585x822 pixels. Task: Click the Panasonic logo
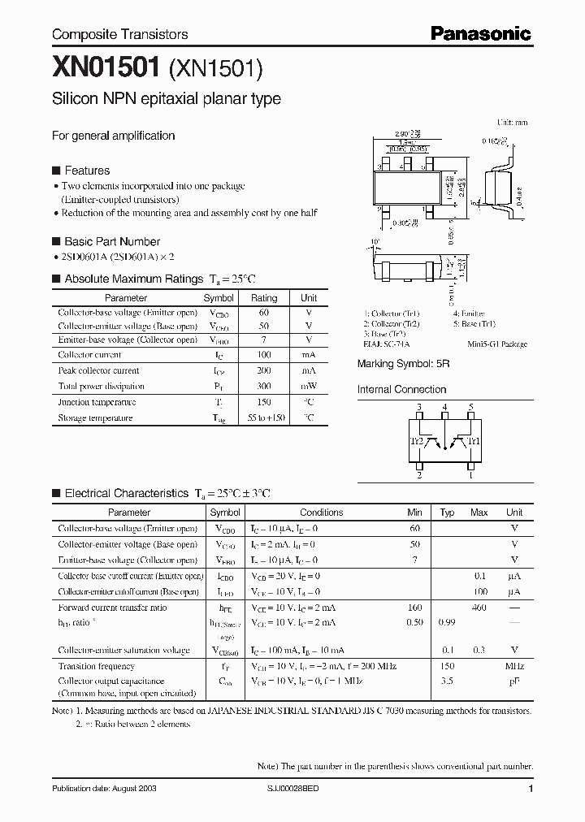[480, 33]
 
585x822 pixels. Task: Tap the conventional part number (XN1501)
[216, 71]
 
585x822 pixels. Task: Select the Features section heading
[86, 171]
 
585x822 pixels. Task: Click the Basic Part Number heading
[111, 241]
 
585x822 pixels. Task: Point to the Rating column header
[264, 298]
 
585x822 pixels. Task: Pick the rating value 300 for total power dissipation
[264, 386]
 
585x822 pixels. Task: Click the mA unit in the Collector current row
[309, 355]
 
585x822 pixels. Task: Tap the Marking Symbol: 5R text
[403, 365]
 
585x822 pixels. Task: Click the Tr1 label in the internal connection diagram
[474, 441]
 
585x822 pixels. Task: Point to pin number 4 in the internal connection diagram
[444, 406]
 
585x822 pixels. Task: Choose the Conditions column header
[321, 513]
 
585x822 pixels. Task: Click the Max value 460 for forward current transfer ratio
[479, 608]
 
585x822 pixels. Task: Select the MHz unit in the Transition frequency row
[514, 666]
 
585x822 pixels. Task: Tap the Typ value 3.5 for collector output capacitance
[447, 681]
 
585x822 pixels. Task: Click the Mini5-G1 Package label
[497, 344]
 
